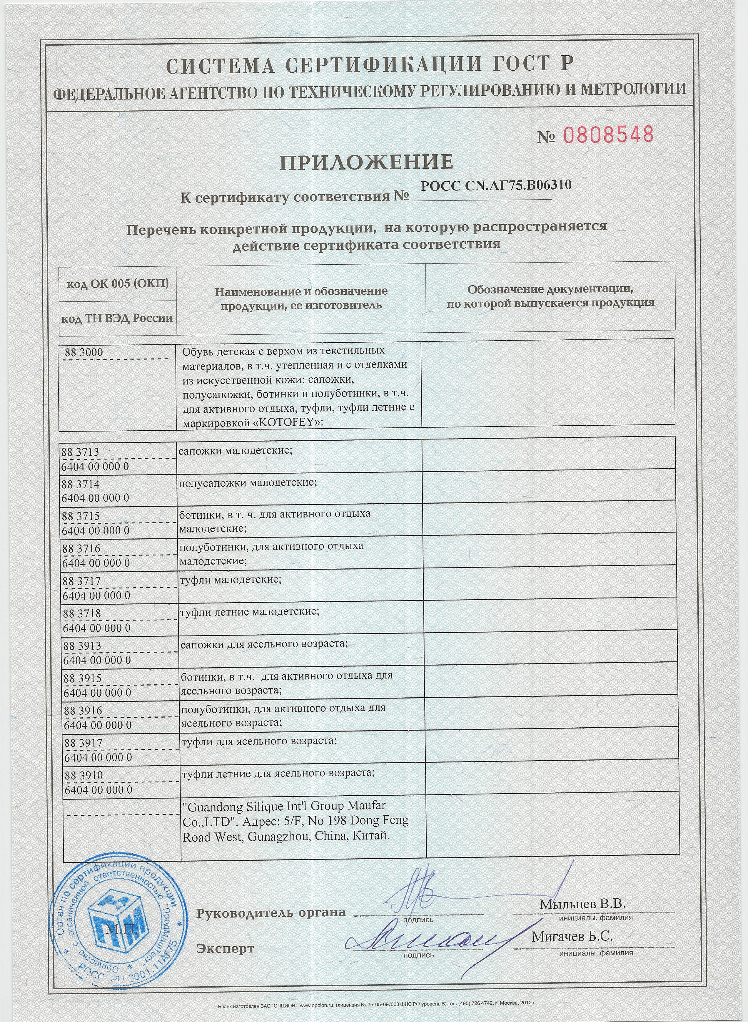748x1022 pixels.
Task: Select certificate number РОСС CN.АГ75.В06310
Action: point(496,186)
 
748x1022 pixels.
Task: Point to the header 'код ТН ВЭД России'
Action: point(117,318)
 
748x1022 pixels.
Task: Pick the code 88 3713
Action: point(81,452)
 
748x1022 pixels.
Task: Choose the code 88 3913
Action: point(82,646)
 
